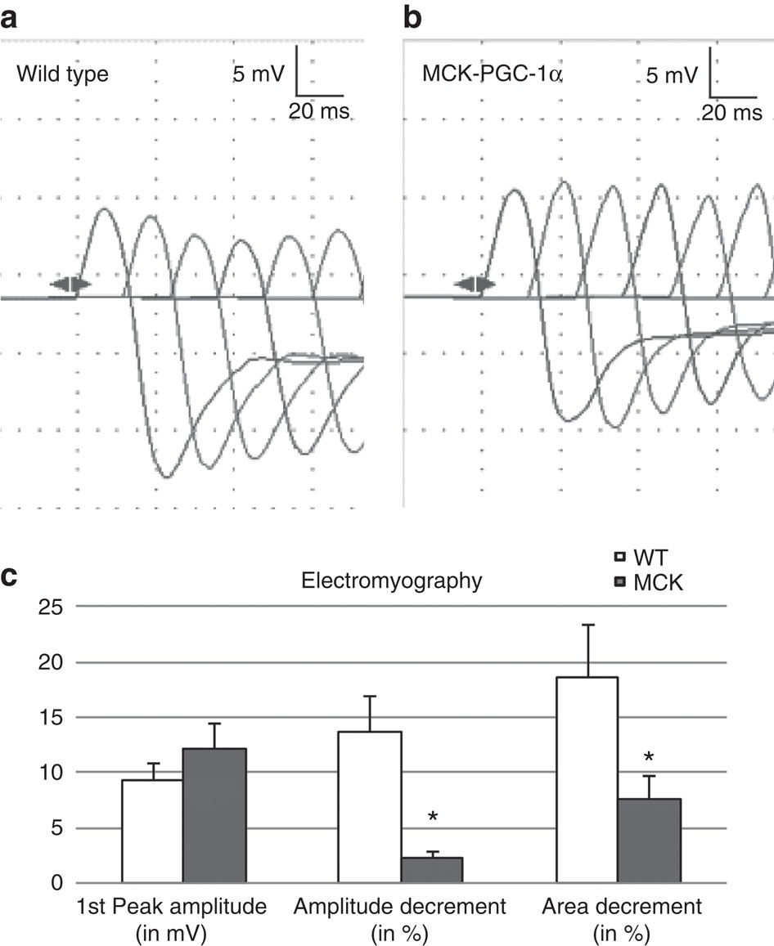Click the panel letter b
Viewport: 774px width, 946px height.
[x=413, y=16]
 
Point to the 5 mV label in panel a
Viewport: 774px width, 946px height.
[x=259, y=74]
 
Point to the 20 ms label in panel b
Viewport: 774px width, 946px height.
[x=731, y=113]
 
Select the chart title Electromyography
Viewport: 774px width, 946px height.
[x=391, y=581]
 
